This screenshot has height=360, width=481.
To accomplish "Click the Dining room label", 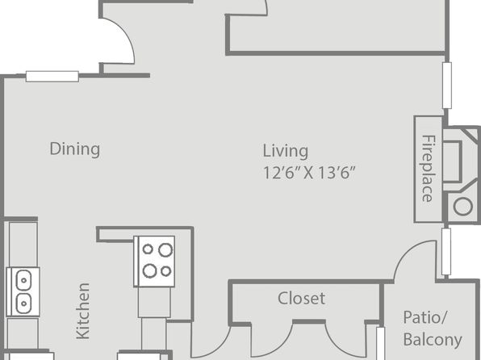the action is [75, 149].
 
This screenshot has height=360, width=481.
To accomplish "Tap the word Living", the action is [286, 151].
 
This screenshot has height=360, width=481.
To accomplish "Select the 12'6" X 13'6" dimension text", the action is [309, 173].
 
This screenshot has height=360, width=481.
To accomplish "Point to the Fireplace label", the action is [427, 168].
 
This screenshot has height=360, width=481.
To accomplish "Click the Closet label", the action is [301, 298].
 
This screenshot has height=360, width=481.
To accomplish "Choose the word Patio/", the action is [425, 318].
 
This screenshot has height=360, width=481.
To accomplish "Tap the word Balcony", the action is [433, 340].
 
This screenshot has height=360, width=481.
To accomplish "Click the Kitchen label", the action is [83, 311].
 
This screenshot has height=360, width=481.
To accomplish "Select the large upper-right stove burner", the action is [165, 250].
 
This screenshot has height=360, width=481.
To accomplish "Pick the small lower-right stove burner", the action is [166, 271].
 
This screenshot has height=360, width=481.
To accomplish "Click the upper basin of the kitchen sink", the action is [23, 280].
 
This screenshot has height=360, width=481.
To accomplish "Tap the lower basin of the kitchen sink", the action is [23, 303].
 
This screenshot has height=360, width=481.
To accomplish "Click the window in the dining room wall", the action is [52, 77].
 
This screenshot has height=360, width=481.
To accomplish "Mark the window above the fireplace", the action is [447, 86].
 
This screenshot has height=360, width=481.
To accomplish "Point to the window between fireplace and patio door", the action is [446, 252].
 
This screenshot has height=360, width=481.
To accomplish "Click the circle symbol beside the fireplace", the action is [462, 207].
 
